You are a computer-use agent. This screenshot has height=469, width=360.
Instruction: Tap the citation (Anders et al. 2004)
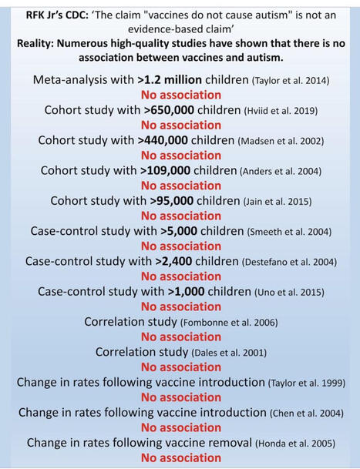point(282,171)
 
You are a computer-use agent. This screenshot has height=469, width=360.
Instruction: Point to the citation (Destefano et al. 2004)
point(288,262)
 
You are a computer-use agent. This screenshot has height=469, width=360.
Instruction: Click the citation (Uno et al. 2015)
point(287,292)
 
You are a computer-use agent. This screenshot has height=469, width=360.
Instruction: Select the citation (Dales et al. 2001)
point(217,352)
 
